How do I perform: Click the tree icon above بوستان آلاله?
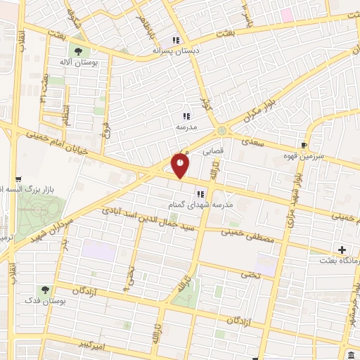click(x=77, y=51)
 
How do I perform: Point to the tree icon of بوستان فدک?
click(x=45, y=289)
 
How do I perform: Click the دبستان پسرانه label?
click(x=176, y=51)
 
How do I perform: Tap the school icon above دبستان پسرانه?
click(x=176, y=40)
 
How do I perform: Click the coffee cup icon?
click(x=303, y=144)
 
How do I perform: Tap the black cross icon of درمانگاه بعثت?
click(x=342, y=250)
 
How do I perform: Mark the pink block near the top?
click(x=286, y=14)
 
